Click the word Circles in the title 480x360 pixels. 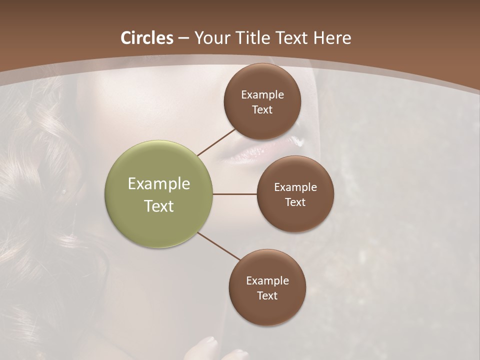pos(147,38)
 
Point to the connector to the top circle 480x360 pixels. pos(216,142)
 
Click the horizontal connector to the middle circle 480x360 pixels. pos(234,194)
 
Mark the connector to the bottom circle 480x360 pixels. pos(219,246)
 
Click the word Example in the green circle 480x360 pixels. pos(159,184)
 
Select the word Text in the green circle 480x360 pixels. pos(159,206)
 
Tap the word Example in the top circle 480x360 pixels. pos(262,95)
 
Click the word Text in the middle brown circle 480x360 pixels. pos(295,202)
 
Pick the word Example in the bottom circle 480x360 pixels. pos(267,281)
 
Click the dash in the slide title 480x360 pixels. pos(183,38)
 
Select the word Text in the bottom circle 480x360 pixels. pos(267,296)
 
